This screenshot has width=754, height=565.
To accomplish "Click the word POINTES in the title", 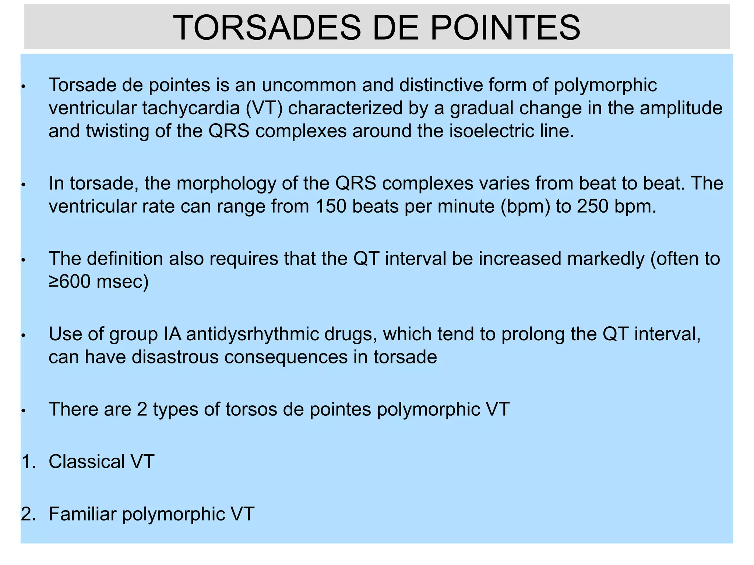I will tap(505, 28).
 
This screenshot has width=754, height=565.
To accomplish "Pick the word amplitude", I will tap(681, 108).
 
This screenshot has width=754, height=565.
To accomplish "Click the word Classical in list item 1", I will tap(87, 461).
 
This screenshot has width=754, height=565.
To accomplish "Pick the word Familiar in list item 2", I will tap(82, 514).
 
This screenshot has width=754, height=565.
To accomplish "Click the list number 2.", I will tap(28, 514).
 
